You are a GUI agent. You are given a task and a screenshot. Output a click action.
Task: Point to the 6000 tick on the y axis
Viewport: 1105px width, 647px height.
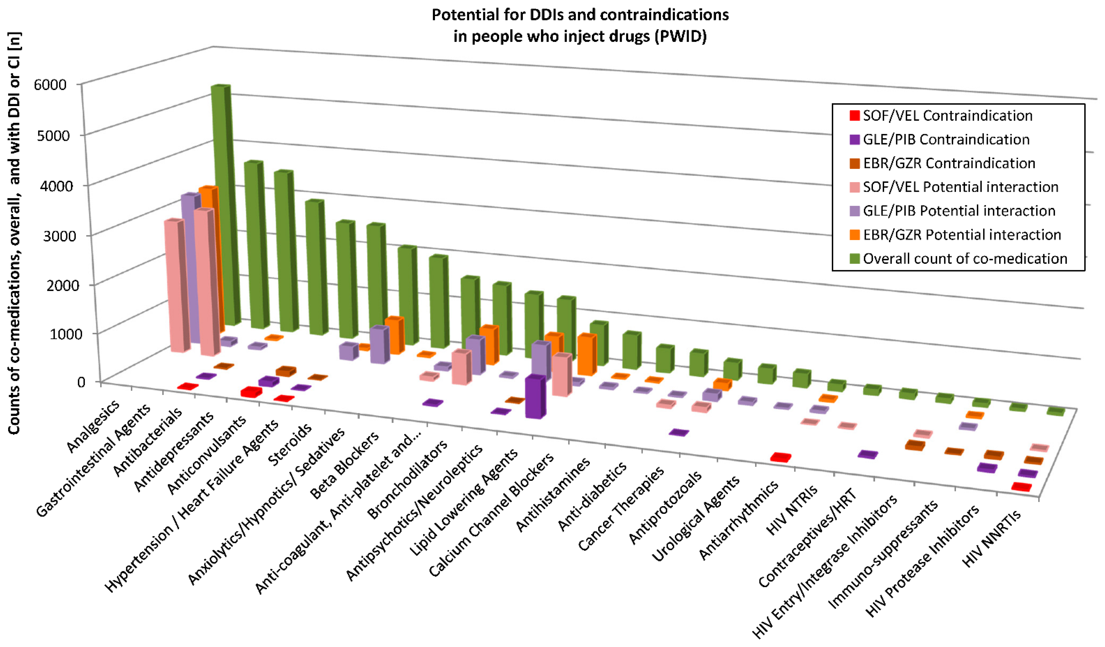coord(50,84)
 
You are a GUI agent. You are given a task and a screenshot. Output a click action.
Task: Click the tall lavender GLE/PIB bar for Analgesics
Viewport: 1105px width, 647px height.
coord(189,268)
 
